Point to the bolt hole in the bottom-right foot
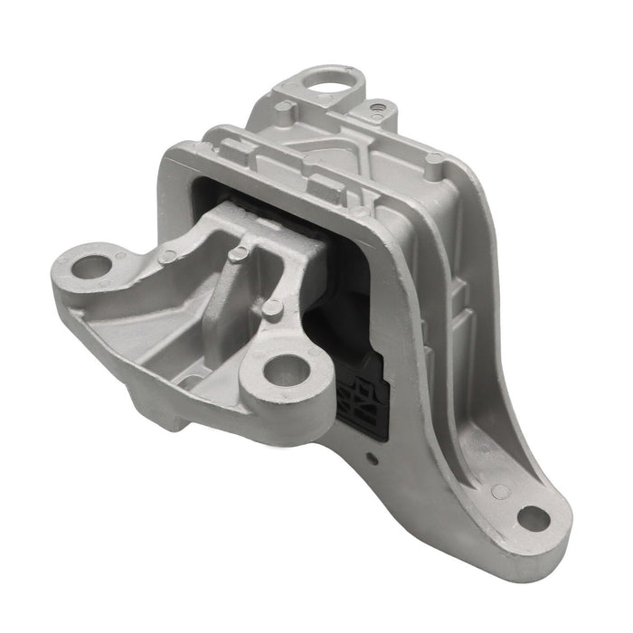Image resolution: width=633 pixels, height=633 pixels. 534,521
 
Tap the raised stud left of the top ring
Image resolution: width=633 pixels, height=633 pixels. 284,108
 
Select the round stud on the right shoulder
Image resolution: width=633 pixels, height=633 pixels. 435,158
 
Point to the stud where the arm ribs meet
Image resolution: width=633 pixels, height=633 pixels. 237,256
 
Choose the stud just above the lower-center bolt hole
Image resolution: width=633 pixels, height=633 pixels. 269,310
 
